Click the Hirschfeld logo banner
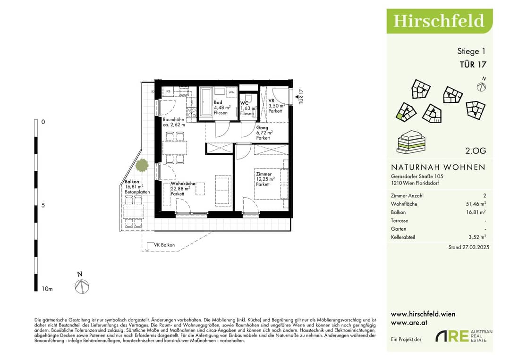[440, 21]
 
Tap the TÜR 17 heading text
[473, 65]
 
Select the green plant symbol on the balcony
[142, 166]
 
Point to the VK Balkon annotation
[164, 245]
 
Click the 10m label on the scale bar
[47, 289]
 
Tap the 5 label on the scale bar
[43, 205]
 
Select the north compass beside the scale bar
[82, 286]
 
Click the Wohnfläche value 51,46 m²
[476, 204]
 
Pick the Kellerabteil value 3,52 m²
[477, 237]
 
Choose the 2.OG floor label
[476, 151]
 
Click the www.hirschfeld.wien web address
[423, 314]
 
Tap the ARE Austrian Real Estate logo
[464, 336]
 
